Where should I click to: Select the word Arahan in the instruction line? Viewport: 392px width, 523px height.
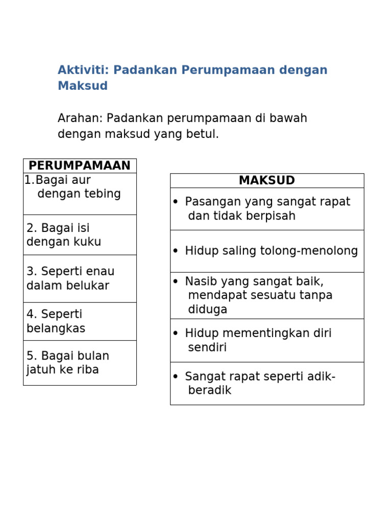[x=79, y=118]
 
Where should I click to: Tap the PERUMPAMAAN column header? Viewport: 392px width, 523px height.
[x=80, y=166]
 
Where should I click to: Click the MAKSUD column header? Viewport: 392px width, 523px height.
[x=267, y=181]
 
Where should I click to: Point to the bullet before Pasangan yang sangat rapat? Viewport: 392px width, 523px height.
[x=176, y=202]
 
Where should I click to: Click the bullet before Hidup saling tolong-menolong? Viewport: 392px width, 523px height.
[x=176, y=251]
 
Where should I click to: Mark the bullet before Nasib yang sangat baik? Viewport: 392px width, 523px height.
[x=176, y=281]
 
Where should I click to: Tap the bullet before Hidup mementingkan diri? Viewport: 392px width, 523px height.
[x=176, y=334]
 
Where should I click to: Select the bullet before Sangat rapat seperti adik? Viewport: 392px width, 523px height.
[x=176, y=377]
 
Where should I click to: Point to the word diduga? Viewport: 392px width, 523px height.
[x=208, y=310]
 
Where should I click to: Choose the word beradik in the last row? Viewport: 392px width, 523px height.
[x=210, y=391]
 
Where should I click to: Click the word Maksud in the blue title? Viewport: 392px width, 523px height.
[x=83, y=86]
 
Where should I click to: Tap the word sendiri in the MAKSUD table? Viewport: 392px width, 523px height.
[x=207, y=348]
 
